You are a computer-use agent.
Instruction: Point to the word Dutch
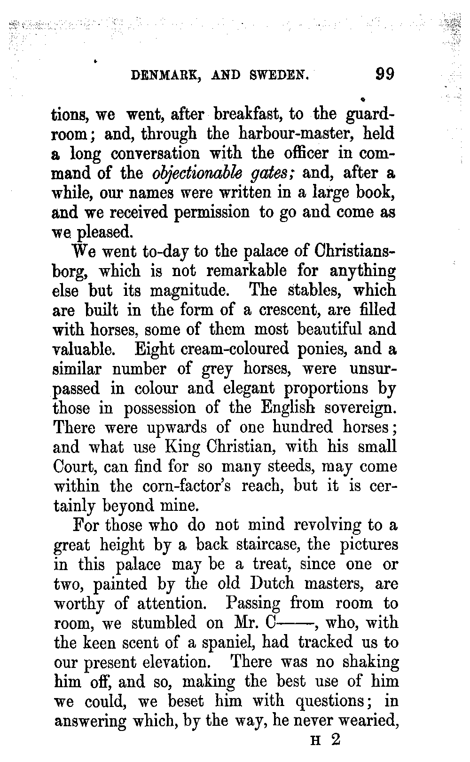click(272, 584)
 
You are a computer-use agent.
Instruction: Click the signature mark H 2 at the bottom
click(325, 740)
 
